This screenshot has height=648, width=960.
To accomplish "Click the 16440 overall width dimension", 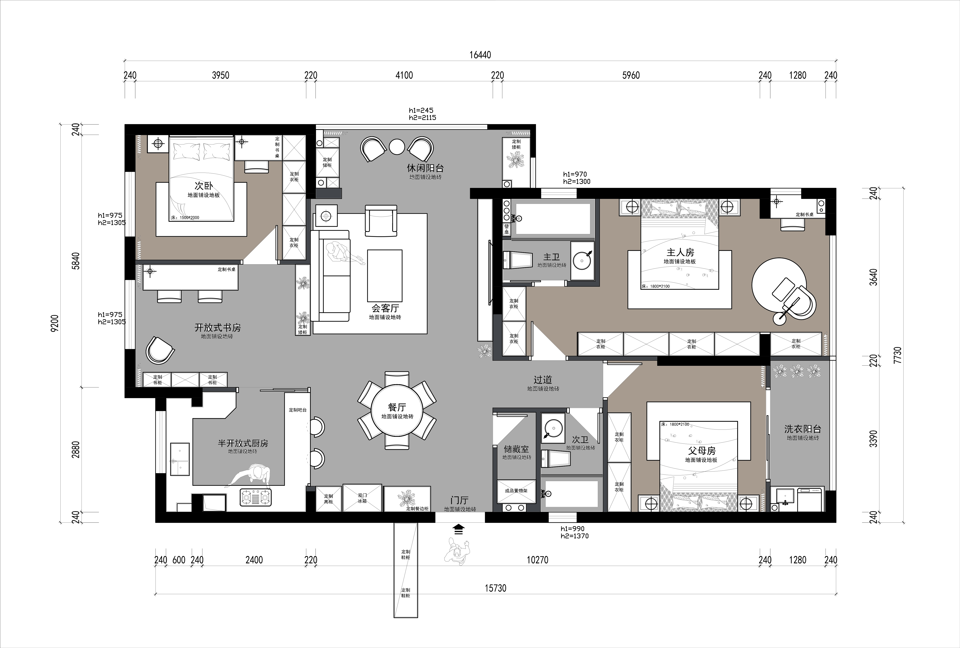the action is click(480, 55).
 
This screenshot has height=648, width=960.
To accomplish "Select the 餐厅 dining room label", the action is click(397, 407).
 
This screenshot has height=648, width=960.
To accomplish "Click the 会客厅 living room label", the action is click(385, 308).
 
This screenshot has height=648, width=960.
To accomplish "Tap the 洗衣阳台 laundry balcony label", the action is click(803, 429).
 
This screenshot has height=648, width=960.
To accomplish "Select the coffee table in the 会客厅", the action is click(385, 275).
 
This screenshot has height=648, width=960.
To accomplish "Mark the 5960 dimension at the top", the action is click(631, 75).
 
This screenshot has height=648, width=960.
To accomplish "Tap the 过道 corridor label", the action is click(543, 379).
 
